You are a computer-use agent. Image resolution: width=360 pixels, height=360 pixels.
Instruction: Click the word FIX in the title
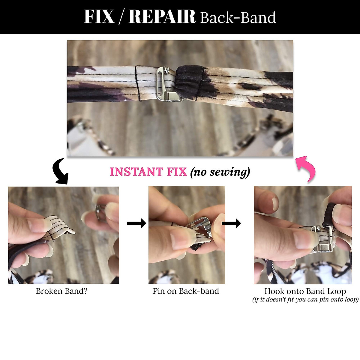99,17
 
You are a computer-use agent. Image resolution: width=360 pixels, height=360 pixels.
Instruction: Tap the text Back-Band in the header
238,18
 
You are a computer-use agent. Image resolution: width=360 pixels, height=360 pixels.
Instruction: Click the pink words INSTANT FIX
148,172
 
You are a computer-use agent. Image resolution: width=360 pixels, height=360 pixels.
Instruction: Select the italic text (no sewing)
220,172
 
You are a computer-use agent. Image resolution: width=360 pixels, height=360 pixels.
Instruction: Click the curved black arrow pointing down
61,172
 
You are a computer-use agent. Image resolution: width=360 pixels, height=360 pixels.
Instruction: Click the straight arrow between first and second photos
136,223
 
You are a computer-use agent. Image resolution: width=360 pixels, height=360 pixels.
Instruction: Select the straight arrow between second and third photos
231,223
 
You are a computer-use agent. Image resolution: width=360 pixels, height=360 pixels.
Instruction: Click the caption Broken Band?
61,291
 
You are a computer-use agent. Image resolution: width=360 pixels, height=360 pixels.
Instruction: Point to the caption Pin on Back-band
186,291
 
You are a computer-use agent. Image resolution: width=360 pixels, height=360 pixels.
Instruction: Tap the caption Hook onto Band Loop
305,291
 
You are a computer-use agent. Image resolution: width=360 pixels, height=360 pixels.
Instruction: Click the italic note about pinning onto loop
305,299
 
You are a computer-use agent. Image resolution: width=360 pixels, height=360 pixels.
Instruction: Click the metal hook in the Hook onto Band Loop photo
322,240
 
